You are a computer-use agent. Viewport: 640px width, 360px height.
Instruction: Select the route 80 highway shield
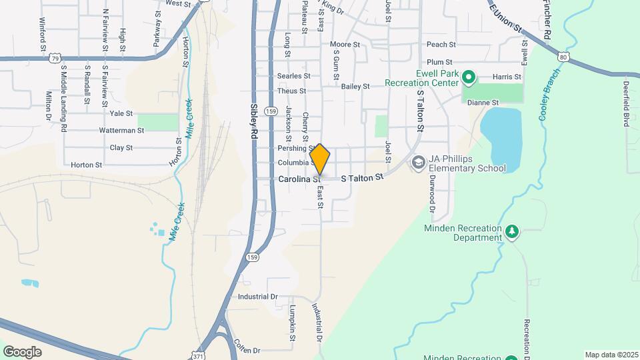coord(564,57)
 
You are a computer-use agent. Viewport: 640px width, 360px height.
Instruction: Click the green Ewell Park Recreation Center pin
coord(468,78)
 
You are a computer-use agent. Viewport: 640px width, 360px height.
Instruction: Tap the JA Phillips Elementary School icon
coord(418,163)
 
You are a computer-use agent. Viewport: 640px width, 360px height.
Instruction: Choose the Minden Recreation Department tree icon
coord(511,231)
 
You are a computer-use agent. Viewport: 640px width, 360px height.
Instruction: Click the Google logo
coord(22,352)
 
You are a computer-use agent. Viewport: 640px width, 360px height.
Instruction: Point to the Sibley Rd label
coord(254,121)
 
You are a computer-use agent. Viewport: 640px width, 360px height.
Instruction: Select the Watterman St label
coord(121,131)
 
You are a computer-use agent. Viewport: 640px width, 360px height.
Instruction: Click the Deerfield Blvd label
coord(627,104)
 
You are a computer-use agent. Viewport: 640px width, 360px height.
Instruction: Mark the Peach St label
coord(441,45)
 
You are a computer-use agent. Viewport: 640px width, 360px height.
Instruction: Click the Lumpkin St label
coord(293,323)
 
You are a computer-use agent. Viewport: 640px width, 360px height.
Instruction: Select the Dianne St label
coord(483,103)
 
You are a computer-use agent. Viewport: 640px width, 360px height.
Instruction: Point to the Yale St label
coord(121,114)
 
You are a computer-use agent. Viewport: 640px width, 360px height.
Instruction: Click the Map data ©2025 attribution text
coord(611,355)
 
